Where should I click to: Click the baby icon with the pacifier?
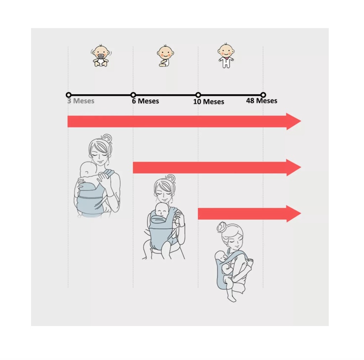point(101,56)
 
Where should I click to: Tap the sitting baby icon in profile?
point(165,56)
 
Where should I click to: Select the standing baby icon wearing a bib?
point(226,56)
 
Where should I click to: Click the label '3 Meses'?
point(81,101)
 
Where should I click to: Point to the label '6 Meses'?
point(146,101)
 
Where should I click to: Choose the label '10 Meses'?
point(209,102)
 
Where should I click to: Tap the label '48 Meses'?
point(262,101)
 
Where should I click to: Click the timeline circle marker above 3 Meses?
point(68,95)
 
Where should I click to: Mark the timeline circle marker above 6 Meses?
point(133,95)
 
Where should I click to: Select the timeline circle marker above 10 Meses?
point(198,95)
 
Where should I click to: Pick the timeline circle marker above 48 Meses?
point(263,95)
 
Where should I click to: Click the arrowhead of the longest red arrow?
point(294,121)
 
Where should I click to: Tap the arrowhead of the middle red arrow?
point(294,167)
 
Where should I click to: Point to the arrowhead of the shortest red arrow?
point(294,214)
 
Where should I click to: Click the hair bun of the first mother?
point(107,138)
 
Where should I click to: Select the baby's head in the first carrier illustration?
point(88,170)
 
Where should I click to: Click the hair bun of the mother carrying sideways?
point(222,227)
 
